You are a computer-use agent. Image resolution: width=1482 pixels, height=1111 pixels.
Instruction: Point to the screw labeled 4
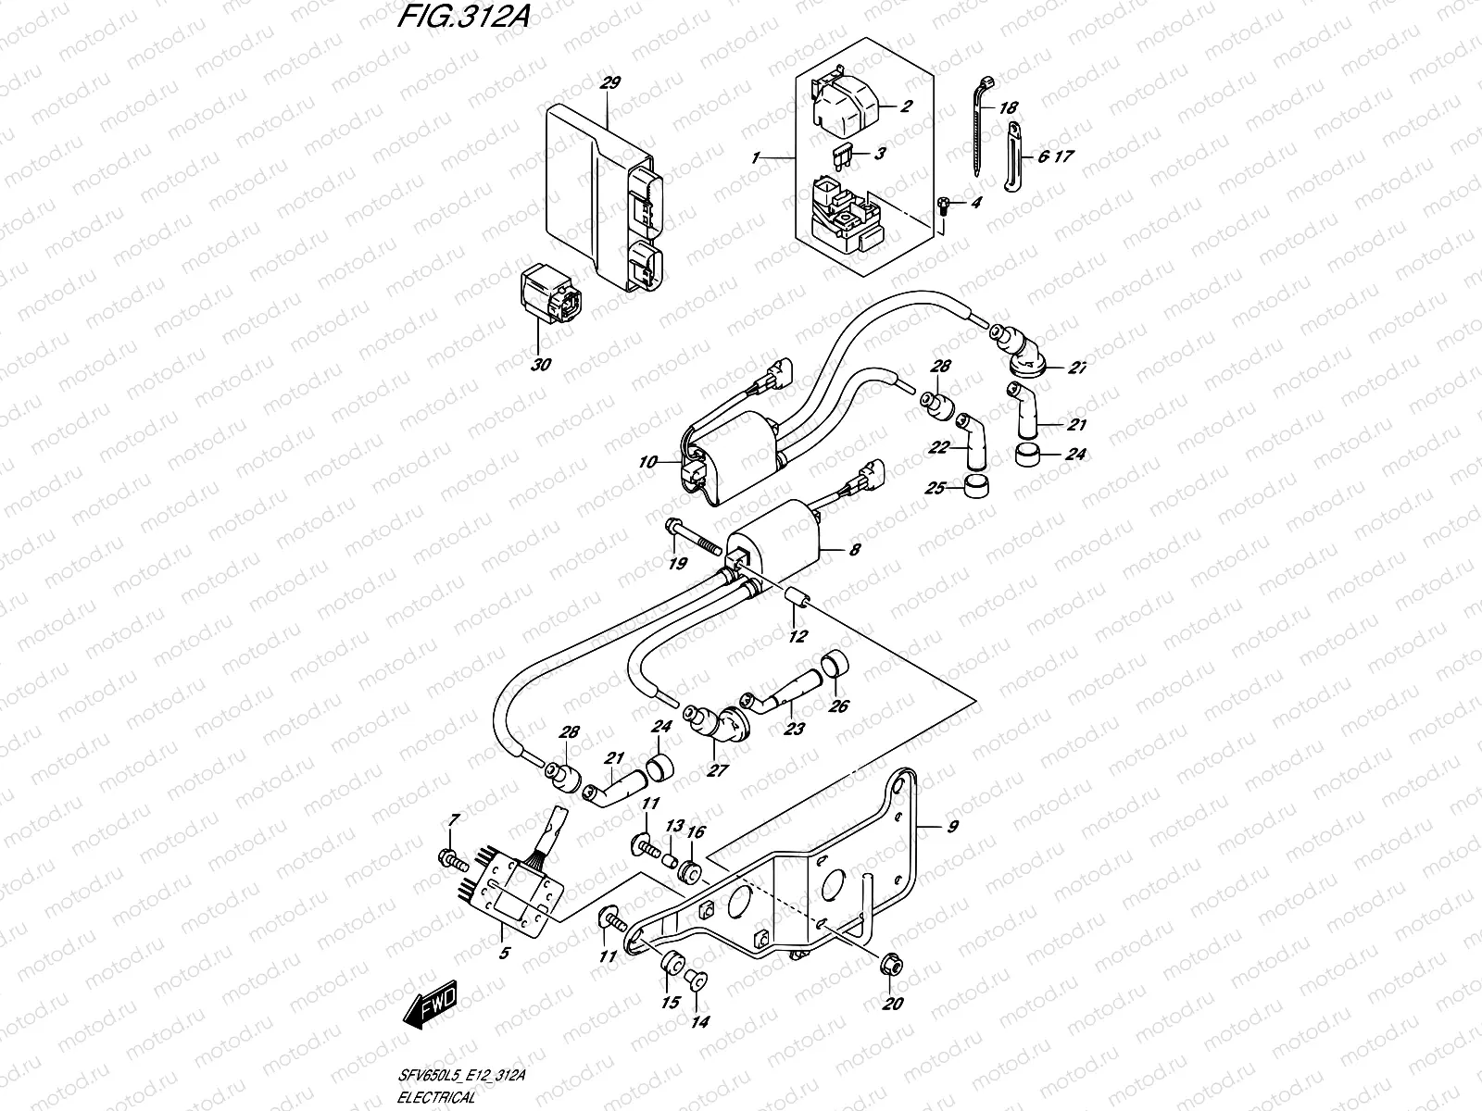coord(942,206)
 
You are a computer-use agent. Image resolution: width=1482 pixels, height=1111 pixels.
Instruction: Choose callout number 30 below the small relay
coord(541,365)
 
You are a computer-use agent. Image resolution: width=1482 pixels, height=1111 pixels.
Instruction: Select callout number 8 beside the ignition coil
coord(854,550)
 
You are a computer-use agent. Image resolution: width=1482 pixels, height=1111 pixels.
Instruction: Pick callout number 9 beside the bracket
coord(950,826)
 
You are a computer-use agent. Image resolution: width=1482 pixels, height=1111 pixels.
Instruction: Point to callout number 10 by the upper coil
coord(647,461)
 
